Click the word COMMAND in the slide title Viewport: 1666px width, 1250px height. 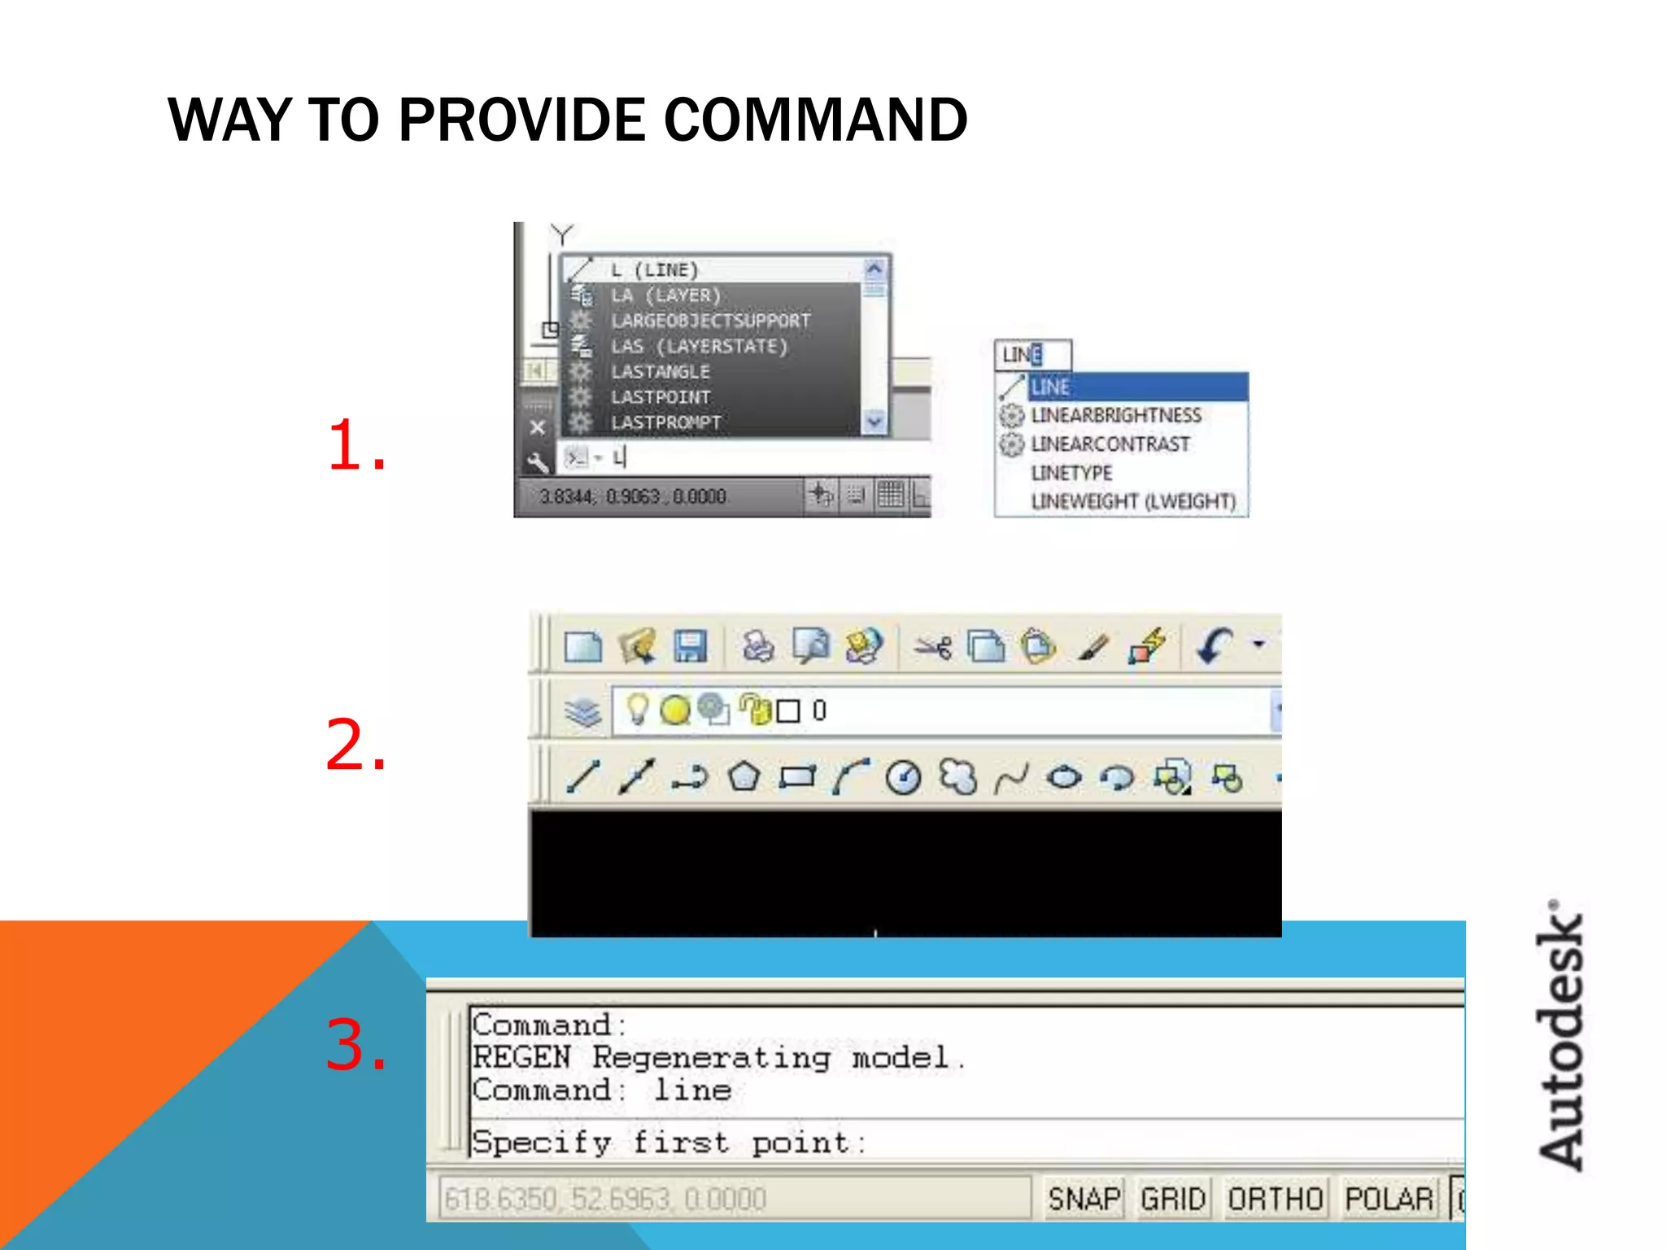[x=815, y=120]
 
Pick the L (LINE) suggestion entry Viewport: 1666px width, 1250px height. [x=654, y=270]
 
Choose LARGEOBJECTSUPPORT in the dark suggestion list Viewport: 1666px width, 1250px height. [x=710, y=321]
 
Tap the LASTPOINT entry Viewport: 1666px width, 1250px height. [x=661, y=397]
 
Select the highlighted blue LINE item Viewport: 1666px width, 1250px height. [x=1136, y=387]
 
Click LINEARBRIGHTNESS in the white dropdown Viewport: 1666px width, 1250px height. [x=1115, y=416]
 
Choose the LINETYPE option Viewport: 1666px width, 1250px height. [x=1071, y=473]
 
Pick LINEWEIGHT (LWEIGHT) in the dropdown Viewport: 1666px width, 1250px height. [x=1133, y=501]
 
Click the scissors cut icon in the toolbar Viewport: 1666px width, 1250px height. [x=932, y=648]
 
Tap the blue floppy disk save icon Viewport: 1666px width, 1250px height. [x=690, y=647]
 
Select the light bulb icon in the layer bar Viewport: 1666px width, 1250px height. [x=638, y=710]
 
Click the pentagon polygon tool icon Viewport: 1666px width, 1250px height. [x=744, y=777]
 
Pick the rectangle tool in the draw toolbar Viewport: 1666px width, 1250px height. [x=797, y=777]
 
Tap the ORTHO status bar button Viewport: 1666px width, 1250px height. [x=1275, y=1199]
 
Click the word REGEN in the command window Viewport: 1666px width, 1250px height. [x=521, y=1058]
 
